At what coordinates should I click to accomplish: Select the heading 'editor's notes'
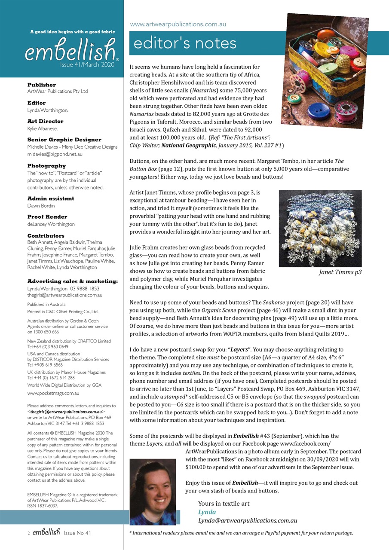pos(185,43)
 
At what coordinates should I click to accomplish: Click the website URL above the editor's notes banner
pos(178,24)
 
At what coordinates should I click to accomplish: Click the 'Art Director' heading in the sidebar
pos(45,122)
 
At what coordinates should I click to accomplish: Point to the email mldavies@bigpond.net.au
pos(55,154)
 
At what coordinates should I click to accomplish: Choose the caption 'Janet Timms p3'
pos(340,272)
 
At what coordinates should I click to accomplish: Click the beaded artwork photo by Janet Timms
pos(320,228)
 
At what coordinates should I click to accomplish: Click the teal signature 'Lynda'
pos(207,512)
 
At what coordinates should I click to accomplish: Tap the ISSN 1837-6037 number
pos(42,506)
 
